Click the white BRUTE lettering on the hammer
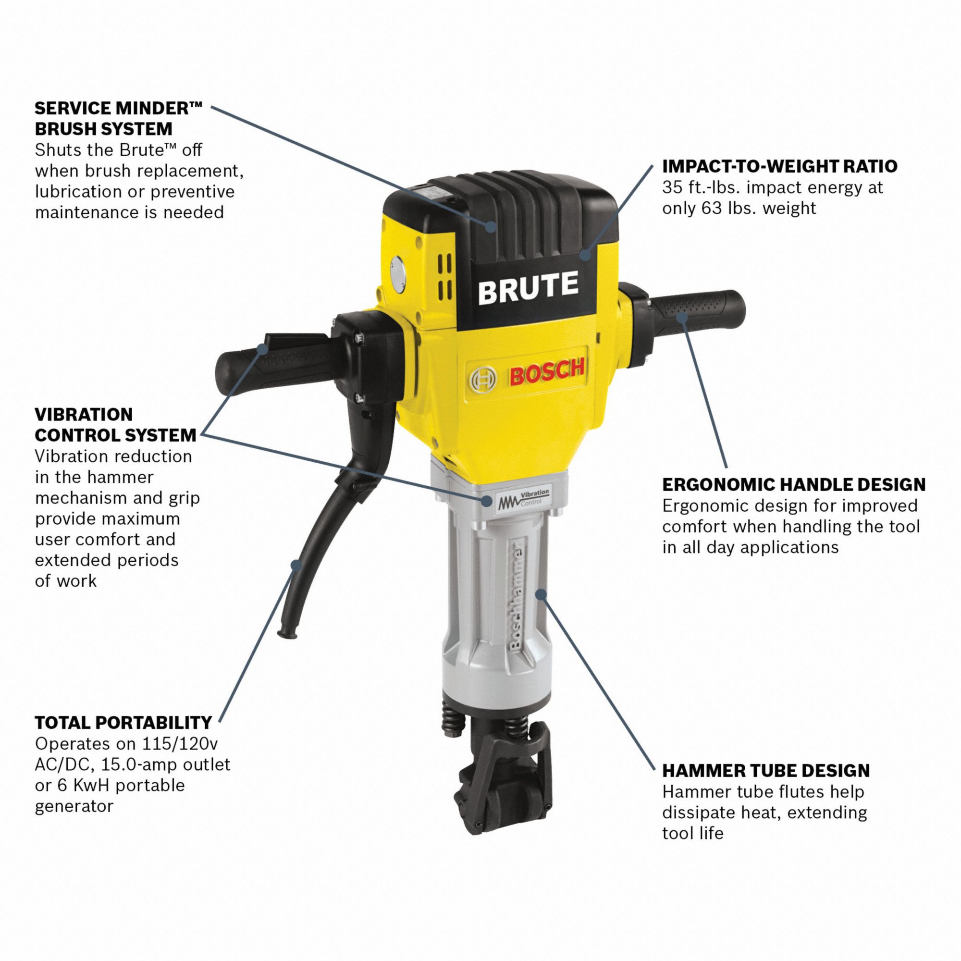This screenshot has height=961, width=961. point(528,288)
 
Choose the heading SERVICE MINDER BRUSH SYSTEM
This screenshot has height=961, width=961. point(118,118)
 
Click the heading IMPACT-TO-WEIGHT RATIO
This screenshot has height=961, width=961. point(779,166)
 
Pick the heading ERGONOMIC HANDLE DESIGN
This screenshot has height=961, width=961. point(793,484)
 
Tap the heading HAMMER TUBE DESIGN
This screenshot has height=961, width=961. point(765,771)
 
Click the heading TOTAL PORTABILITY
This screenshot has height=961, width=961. point(123,722)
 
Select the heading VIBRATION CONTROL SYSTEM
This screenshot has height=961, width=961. point(115,425)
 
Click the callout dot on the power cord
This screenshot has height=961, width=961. point(296,565)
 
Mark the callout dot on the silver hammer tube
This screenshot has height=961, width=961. point(541,594)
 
